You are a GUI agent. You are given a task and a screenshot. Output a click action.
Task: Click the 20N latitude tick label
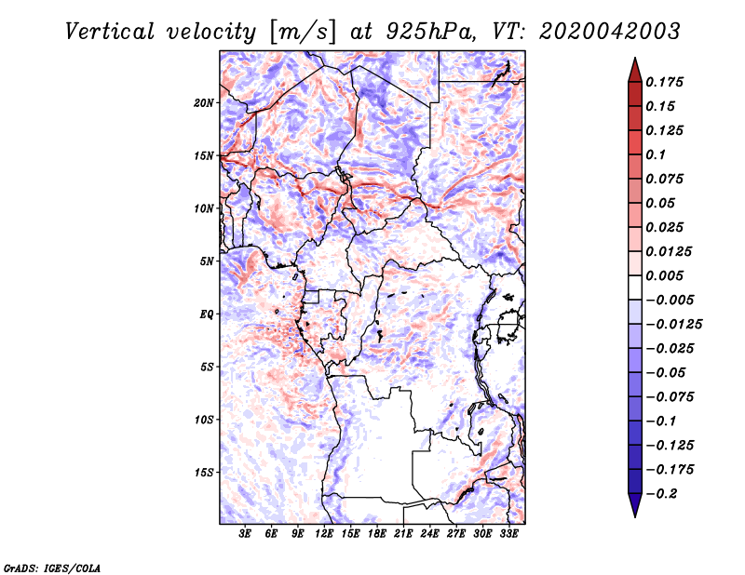[204, 102]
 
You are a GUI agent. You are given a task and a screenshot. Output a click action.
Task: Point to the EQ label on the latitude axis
[207, 314]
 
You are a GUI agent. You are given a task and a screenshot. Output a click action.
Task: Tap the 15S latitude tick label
[204, 473]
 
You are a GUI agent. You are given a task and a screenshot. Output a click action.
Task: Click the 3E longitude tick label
[246, 534]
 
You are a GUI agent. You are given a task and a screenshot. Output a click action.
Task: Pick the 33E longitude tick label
[508, 534]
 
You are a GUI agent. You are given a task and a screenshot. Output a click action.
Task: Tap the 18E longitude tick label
[377, 534]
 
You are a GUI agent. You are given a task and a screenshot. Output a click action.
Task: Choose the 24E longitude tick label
[429, 534]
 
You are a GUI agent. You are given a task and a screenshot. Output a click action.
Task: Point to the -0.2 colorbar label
[667, 493]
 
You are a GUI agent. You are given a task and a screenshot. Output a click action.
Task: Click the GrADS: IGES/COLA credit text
[52, 567]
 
